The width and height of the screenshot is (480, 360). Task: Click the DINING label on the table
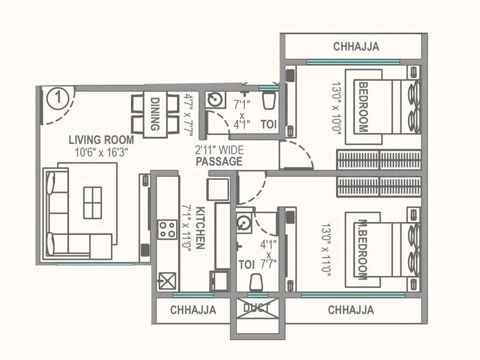pyautogui.click(x=155, y=114)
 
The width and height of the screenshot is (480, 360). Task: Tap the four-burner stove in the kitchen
pyautogui.click(x=167, y=229)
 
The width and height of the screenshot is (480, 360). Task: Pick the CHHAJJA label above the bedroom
pyautogui.click(x=356, y=47)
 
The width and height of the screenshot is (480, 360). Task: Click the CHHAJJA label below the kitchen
pyautogui.click(x=193, y=310)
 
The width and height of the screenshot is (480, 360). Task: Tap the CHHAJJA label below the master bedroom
pyautogui.click(x=351, y=310)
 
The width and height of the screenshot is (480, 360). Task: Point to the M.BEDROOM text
pyautogui.click(x=362, y=248)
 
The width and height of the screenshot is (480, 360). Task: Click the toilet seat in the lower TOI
pyautogui.click(x=256, y=281)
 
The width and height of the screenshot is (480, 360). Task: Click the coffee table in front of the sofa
pyautogui.click(x=92, y=202)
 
